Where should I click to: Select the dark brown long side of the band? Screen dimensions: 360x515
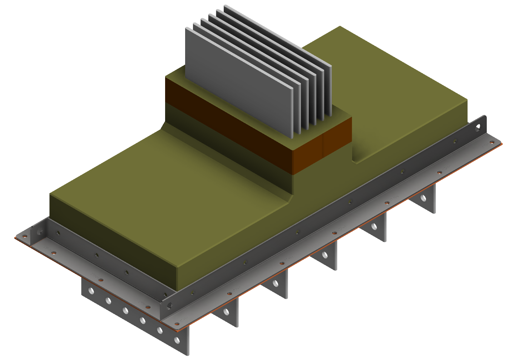point(229,122)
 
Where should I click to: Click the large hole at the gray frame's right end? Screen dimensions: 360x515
point(479,126)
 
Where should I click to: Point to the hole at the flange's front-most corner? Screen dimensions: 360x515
point(177,325)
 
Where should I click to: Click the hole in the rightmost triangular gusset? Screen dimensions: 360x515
point(424,198)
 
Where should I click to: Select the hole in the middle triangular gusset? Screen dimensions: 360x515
point(325,255)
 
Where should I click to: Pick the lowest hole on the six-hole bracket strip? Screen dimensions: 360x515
point(177,340)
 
